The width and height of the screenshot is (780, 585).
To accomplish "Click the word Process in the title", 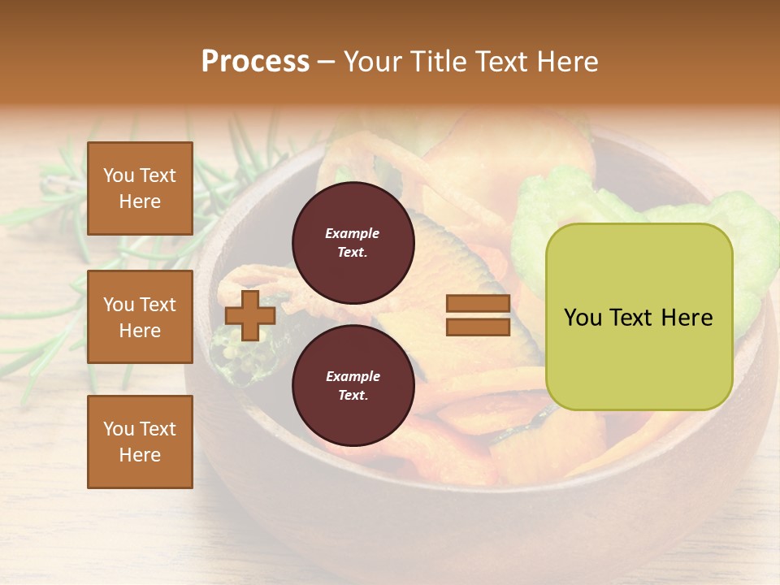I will (x=255, y=62).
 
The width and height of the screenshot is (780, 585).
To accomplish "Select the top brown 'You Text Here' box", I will (x=140, y=188).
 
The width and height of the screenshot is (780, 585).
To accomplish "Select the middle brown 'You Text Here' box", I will (x=140, y=317).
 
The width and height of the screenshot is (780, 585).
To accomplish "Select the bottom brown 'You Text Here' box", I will (x=140, y=442).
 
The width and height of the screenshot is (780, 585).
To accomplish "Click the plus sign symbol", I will (x=249, y=315).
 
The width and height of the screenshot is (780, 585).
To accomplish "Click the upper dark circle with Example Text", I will (x=353, y=243).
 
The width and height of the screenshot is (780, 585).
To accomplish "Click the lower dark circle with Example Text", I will (x=353, y=386).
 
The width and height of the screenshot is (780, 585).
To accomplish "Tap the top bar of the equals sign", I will (x=478, y=304).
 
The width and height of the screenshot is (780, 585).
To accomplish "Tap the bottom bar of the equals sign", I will (x=478, y=327).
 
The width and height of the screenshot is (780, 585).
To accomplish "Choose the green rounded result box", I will (x=639, y=317).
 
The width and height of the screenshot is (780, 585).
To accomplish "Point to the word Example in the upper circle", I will (x=353, y=234).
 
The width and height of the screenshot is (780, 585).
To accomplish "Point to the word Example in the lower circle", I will (x=353, y=377).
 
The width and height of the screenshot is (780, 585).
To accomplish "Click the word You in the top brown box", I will (x=119, y=175).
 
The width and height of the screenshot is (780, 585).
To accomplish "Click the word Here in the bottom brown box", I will (x=140, y=455).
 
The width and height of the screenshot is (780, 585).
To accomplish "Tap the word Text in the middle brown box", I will (x=157, y=305).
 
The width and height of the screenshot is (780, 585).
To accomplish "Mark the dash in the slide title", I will (x=327, y=62).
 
